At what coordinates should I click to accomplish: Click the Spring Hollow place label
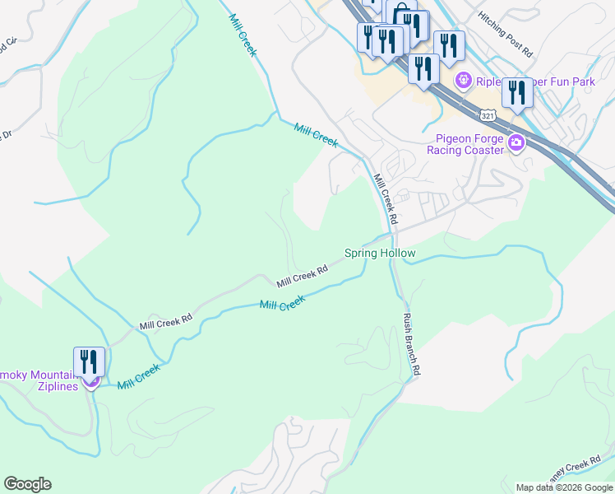coord(379,254)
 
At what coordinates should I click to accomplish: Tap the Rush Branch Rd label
coord(411,344)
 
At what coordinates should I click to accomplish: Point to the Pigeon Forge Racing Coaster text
coord(465,144)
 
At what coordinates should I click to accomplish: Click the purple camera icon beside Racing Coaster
coord(516,144)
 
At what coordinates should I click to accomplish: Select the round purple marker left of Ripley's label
coord(464,81)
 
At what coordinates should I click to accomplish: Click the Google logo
coord(27,484)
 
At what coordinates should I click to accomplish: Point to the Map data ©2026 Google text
coord(564,487)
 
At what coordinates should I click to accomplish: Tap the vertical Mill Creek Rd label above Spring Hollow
coord(385,200)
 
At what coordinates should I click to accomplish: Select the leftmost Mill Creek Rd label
coord(165,320)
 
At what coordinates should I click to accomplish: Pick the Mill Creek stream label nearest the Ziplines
coord(138,378)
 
